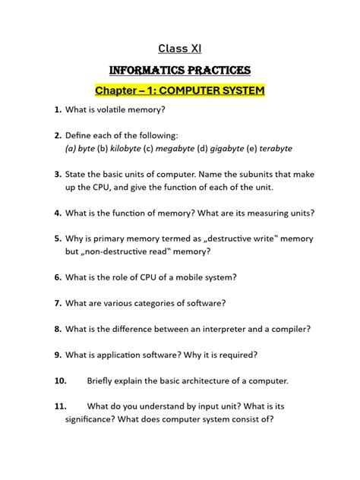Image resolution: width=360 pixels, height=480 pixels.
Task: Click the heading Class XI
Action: click(179, 49)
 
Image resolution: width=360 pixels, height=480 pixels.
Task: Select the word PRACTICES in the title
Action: click(216, 71)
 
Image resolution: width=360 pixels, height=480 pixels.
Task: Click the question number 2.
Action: click(58, 135)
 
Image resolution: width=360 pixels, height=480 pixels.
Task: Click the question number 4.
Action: click(58, 213)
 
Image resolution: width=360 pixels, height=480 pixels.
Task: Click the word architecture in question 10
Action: click(215, 381)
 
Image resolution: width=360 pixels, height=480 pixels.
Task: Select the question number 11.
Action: click(60, 406)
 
